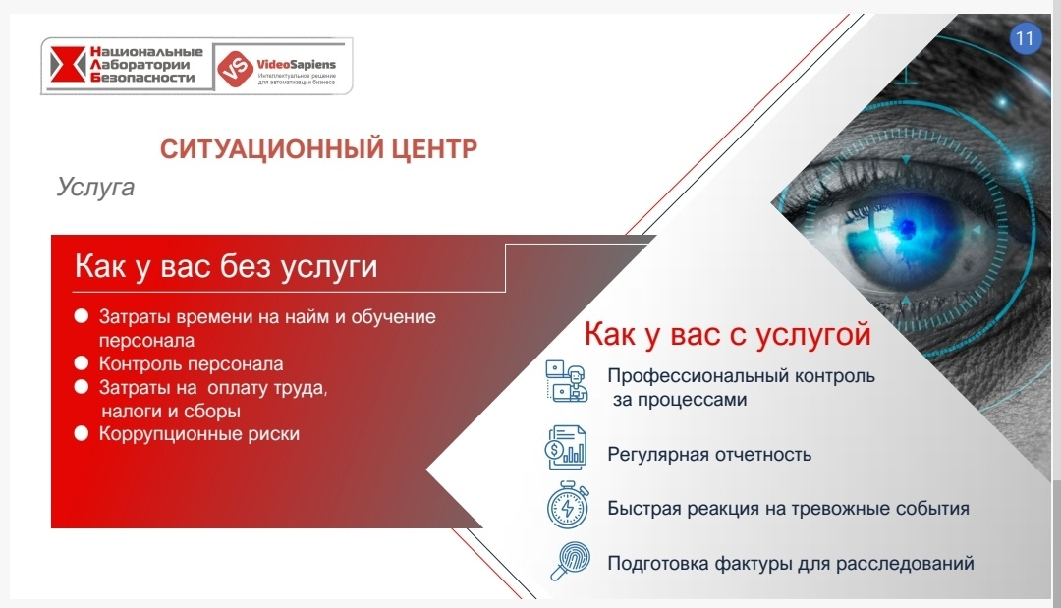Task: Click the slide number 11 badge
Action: [1025, 38]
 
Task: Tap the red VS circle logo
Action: [235, 69]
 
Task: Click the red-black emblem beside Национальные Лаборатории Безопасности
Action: [68, 64]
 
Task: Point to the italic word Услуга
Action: [95, 188]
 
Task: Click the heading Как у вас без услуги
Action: [226, 266]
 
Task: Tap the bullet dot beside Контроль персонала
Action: [82, 363]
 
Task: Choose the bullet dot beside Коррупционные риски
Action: [82, 433]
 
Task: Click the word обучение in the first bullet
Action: [393, 316]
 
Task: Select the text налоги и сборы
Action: [171, 412]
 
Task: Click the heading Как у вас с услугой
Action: [727, 335]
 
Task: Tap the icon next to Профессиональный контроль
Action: [567, 381]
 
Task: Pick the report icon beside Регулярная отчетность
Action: [567, 447]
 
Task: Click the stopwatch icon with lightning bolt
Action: [568, 505]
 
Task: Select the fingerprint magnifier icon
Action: [570, 561]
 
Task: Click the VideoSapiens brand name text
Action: [297, 65]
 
